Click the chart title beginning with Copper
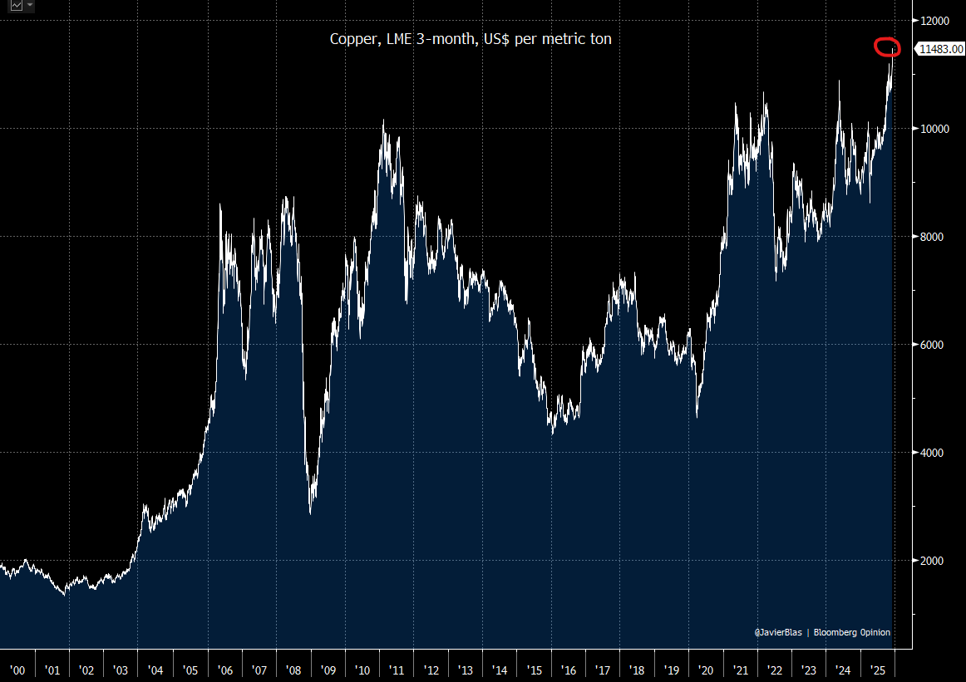tap(471, 39)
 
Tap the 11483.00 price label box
tap(940, 49)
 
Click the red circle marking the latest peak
tap(887, 47)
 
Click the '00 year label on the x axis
tap(17, 670)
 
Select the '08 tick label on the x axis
tap(293, 670)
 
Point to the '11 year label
tap(397, 670)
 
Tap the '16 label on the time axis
tap(569, 670)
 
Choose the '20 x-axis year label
tap(706, 670)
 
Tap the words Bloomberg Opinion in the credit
tap(852, 633)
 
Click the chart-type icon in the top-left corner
tap(16, 6)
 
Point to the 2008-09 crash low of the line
tap(310, 513)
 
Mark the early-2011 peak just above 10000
tap(383, 121)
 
